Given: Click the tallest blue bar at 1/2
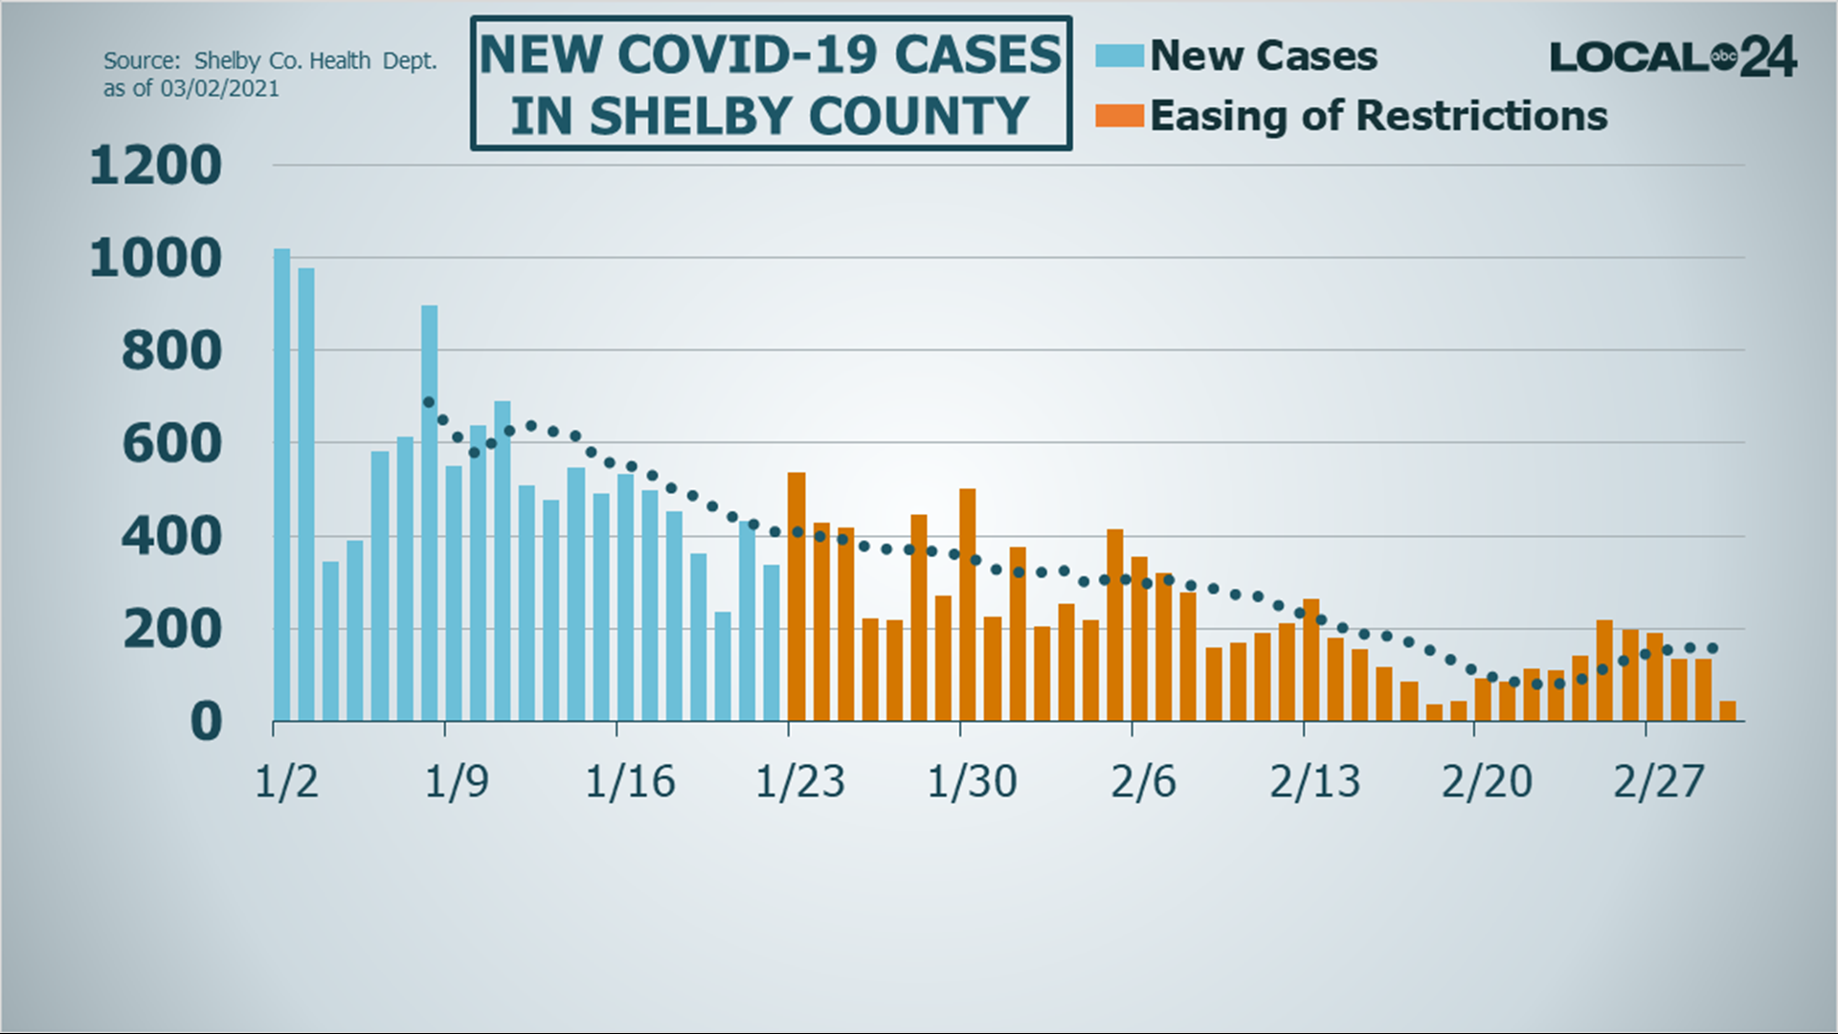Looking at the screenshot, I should (x=281, y=483).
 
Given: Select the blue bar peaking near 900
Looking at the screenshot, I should (x=429, y=512).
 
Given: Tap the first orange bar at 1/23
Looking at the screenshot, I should (x=796, y=596).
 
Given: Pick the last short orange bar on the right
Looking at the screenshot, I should (x=1728, y=710).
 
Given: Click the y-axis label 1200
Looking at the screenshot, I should (x=155, y=166).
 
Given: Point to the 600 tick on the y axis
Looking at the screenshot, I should (x=171, y=444).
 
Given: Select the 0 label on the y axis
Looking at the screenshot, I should (x=205, y=722).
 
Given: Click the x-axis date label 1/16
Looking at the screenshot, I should (x=630, y=782).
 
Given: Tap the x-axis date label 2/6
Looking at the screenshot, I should (x=1143, y=782).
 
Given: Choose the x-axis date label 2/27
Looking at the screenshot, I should (x=1658, y=782).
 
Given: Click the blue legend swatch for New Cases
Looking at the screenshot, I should (x=1119, y=56).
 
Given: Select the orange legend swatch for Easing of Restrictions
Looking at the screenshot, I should (x=1119, y=116).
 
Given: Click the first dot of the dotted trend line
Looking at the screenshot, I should (x=429, y=402).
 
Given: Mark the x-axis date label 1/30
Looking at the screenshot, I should (x=972, y=782).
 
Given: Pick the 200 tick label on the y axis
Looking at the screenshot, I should (x=171, y=630).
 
